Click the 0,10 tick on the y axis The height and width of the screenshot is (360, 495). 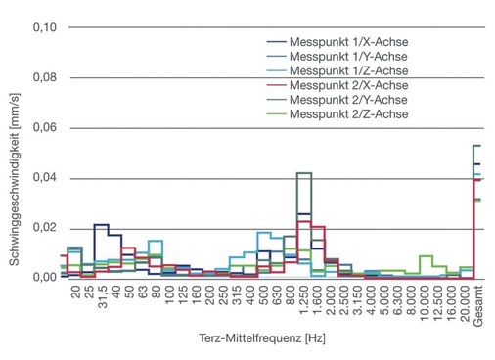click(x=45, y=27)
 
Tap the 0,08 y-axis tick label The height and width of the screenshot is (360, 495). click(x=45, y=78)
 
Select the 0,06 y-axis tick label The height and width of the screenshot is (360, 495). click(x=45, y=128)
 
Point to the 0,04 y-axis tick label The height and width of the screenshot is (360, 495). click(x=45, y=178)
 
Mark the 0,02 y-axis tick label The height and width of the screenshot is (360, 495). click(x=45, y=228)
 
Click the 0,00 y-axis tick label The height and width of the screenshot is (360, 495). click(x=45, y=278)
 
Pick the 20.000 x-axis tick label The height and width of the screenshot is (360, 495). click(x=462, y=302)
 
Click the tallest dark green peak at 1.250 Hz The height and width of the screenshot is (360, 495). click(x=304, y=173)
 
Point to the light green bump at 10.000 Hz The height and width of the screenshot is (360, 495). click(x=425, y=256)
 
